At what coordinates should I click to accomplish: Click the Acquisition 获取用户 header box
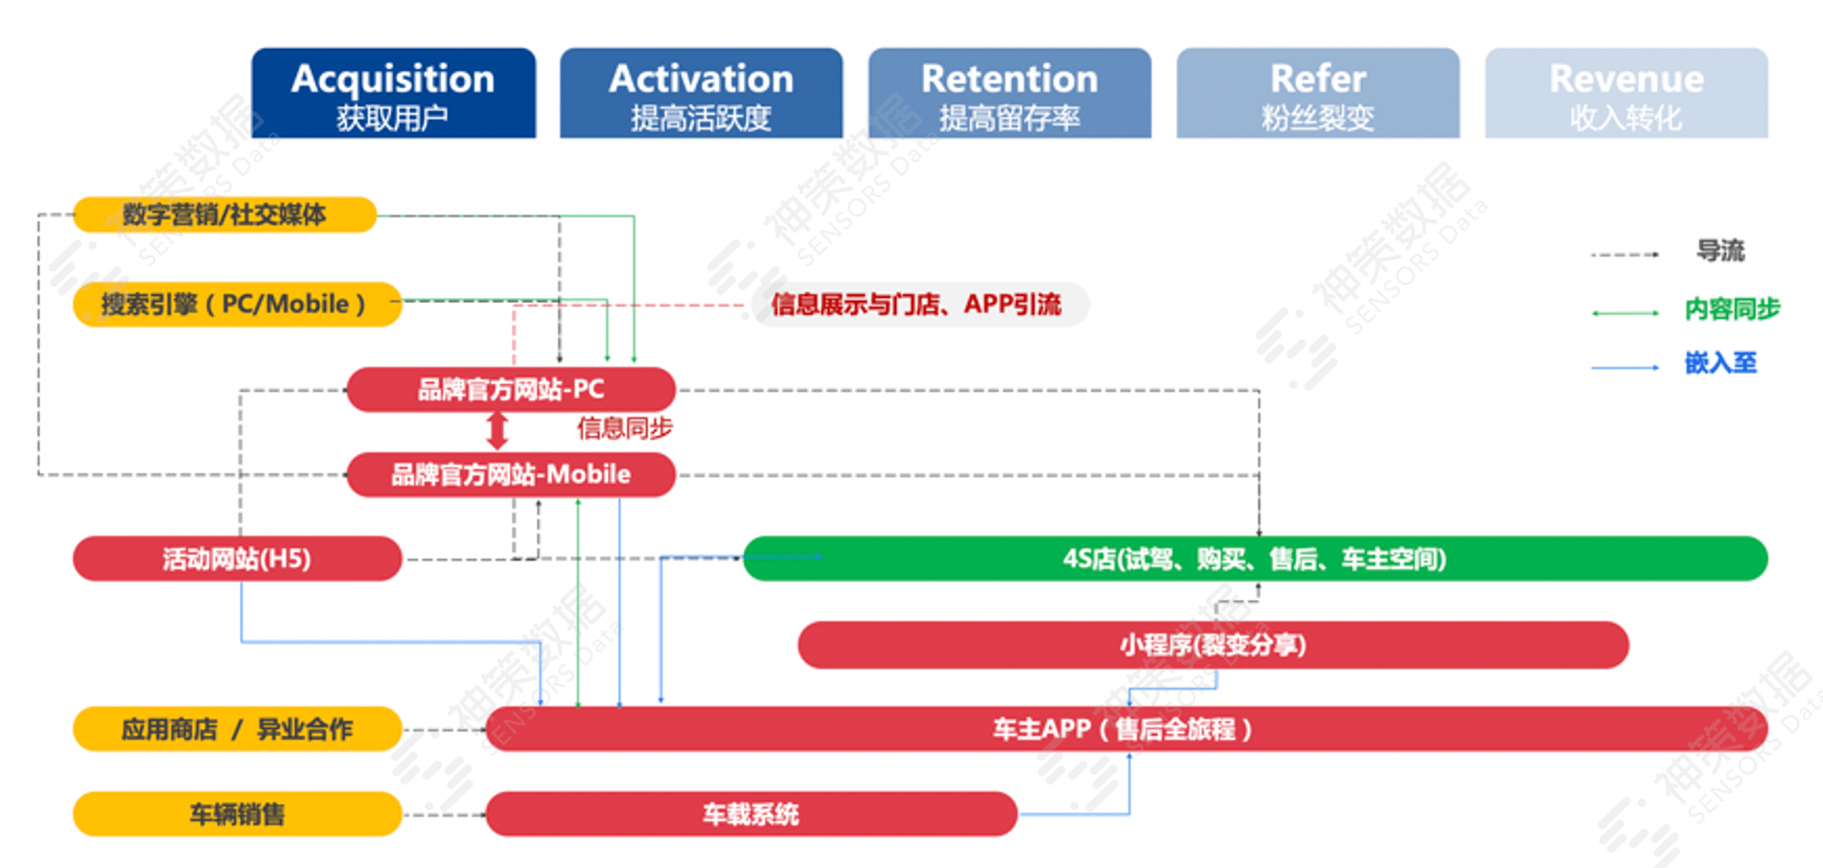click(x=393, y=94)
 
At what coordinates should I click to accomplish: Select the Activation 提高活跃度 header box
click(x=701, y=94)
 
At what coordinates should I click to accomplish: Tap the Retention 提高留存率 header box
click(x=1009, y=94)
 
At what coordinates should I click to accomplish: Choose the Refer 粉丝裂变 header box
click(x=1318, y=94)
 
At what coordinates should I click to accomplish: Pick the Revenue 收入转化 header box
click(x=1627, y=94)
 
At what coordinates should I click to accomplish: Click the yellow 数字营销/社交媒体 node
click(x=224, y=215)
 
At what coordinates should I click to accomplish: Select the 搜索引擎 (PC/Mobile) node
click(x=236, y=305)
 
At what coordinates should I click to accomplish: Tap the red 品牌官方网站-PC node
click(x=511, y=390)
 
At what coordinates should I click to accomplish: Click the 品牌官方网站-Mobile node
click(x=511, y=474)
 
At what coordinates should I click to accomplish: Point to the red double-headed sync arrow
click(x=496, y=431)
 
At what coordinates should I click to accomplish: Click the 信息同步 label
click(x=624, y=428)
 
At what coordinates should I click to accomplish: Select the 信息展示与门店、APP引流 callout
click(x=917, y=305)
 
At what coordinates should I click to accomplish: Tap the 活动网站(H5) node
click(x=237, y=559)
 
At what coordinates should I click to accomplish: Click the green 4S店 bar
click(x=1255, y=559)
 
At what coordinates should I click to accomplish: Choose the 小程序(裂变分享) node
click(x=1212, y=645)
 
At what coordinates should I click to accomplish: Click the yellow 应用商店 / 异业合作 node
click(x=237, y=729)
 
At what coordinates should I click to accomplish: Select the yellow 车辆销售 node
click(x=237, y=814)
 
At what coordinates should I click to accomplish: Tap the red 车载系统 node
click(x=750, y=814)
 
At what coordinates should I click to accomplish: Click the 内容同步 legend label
click(x=1732, y=309)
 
